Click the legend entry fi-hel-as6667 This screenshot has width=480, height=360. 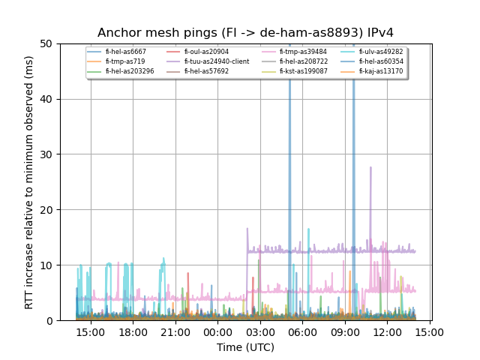125,52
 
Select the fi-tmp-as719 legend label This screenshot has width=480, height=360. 124,61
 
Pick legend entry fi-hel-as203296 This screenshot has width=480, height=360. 130,71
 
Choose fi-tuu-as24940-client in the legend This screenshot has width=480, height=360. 216,61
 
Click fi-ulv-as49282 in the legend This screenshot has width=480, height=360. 380,52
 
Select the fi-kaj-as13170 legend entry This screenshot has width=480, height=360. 380,71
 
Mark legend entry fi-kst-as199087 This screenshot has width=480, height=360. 303,71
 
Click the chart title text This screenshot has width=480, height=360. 245,33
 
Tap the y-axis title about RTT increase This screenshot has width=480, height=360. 29,182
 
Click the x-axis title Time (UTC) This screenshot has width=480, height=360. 245,347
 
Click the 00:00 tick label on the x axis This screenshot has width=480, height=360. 217,331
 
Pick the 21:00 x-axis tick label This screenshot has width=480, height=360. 175,331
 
